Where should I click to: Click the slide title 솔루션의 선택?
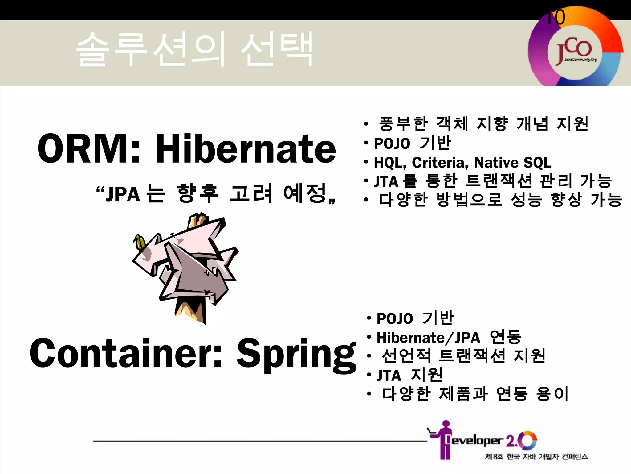click(x=194, y=49)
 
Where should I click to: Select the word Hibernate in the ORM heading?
click(x=245, y=149)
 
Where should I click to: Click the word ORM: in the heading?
click(x=89, y=149)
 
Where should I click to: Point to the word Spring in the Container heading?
click(x=296, y=353)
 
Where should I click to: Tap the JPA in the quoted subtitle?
click(x=123, y=194)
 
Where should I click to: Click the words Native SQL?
click(x=512, y=163)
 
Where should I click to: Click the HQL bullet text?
click(x=389, y=163)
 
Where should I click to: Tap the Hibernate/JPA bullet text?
click(x=428, y=338)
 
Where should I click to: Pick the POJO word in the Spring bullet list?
click(x=395, y=318)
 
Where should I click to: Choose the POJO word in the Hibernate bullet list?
click(x=392, y=143)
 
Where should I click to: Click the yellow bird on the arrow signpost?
click(x=139, y=242)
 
